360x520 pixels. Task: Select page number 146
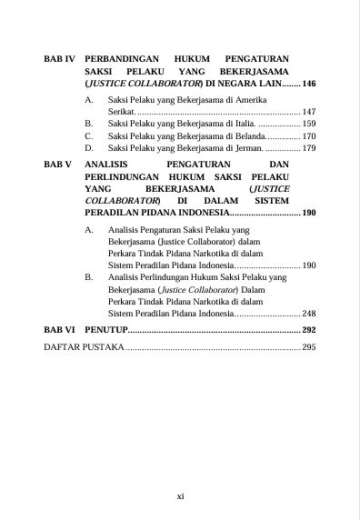point(308,83)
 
